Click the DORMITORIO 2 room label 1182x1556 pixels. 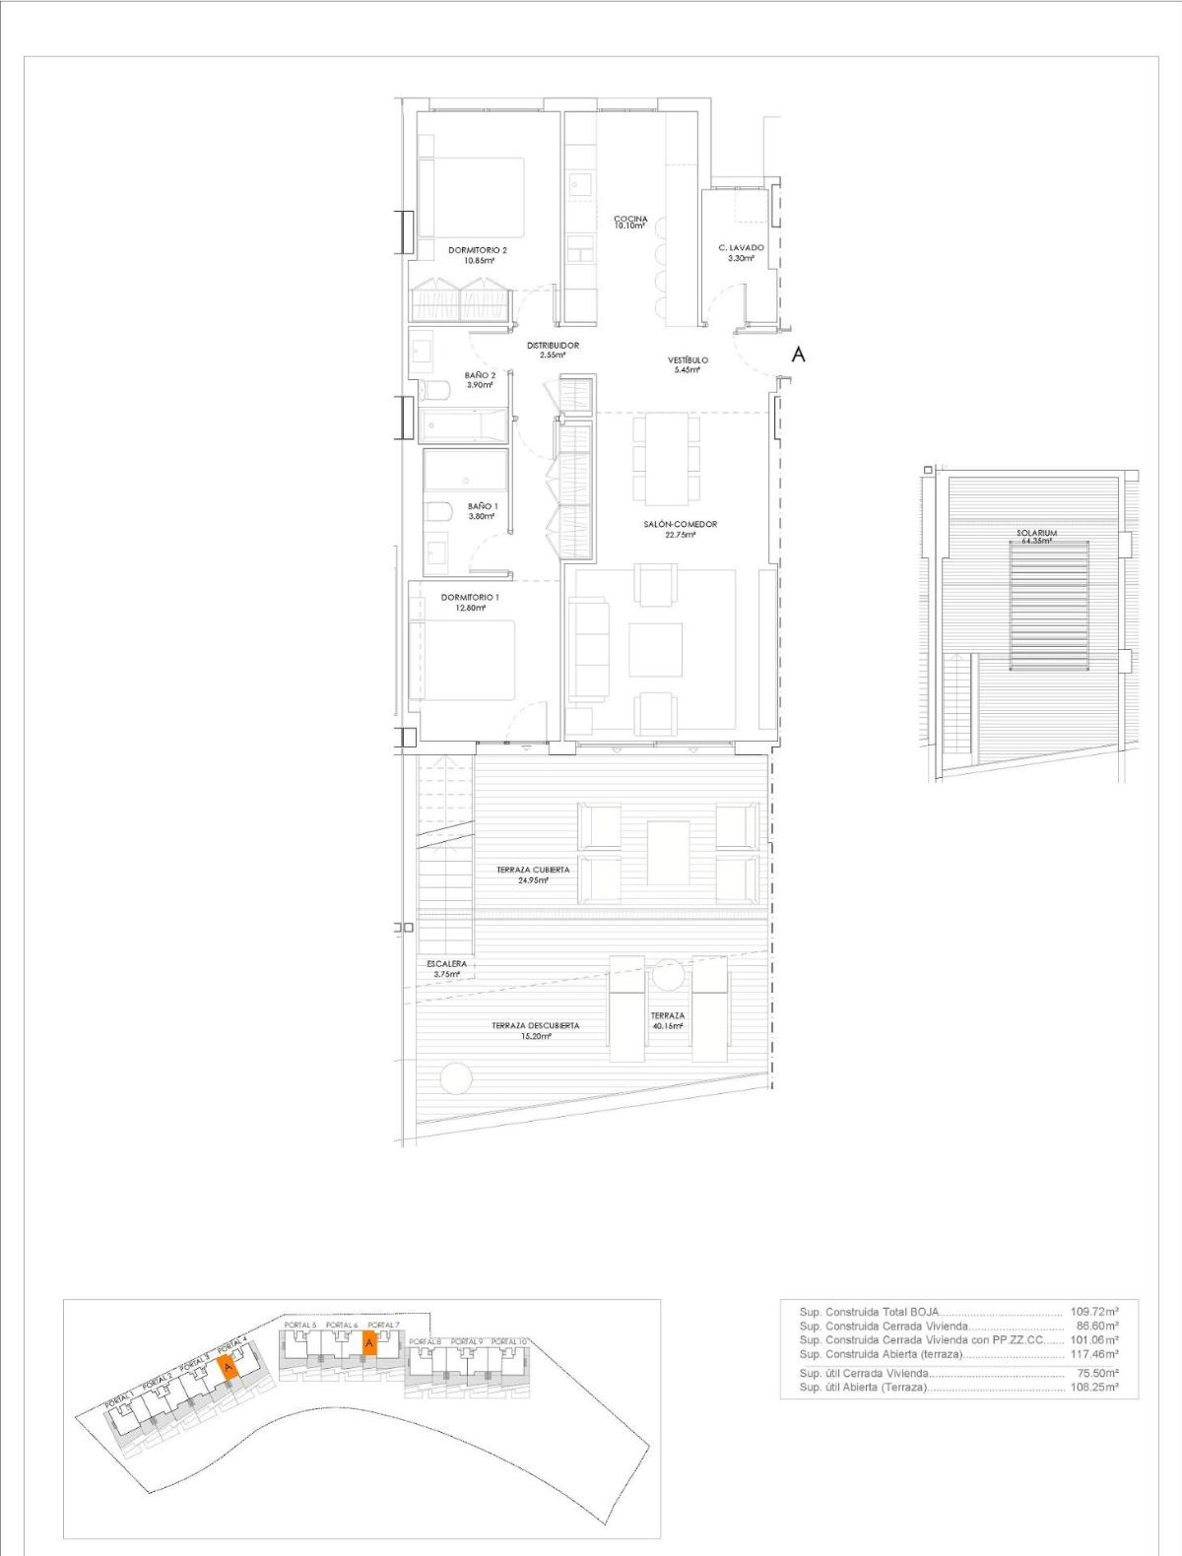pos(477,250)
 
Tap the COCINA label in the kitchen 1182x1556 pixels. pos(629,219)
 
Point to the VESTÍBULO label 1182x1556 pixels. pos(688,360)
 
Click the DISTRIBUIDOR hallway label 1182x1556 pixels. pos(552,346)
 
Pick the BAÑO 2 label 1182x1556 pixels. pos(480,375)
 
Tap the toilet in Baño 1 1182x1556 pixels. pos(437,512)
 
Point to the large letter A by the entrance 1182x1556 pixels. pos(798,355)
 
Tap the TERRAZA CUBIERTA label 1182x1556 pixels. pos(532,871)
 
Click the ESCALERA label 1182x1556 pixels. pos(447,964)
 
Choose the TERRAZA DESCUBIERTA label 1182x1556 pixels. pos(536,1026)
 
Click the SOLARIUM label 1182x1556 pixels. pos(1036,533)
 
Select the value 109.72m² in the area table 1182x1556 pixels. pos(1093,1312)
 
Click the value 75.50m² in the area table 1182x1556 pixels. pos(1097,1373)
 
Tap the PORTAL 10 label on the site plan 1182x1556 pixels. pos(510,1342)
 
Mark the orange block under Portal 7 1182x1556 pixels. pos(369,1343)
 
